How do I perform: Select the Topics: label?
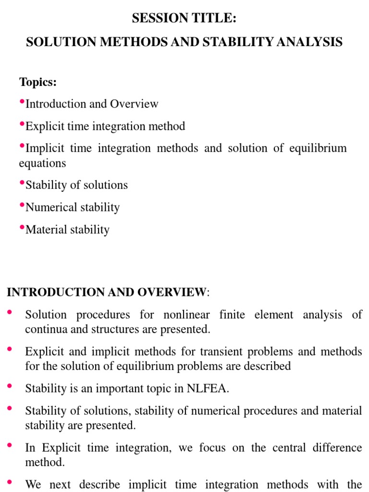pos(38,82)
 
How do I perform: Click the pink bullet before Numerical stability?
pos(22,206)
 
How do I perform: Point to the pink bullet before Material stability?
pos(22,228)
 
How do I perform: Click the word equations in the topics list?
pos(42,163)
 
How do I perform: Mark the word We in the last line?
pos(33,484)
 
